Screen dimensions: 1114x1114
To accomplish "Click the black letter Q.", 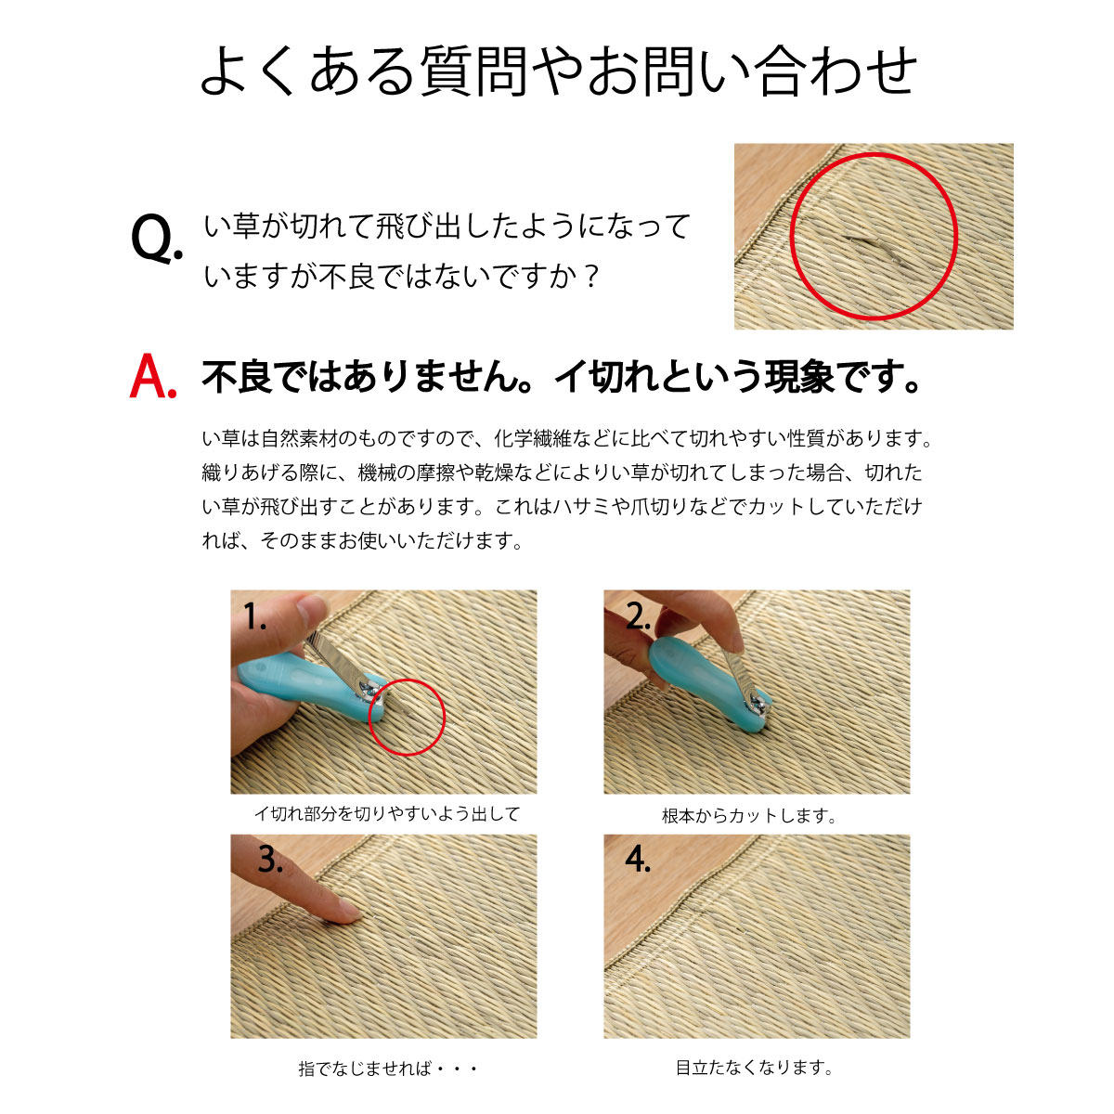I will point(155,240).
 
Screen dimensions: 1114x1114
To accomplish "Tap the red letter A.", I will point(152,377).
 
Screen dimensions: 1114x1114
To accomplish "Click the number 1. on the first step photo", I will point(255,616).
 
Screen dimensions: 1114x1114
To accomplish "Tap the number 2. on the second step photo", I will point(637,616).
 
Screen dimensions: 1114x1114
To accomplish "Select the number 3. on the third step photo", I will point(270,860).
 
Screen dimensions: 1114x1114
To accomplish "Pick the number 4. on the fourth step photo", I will point(638,860).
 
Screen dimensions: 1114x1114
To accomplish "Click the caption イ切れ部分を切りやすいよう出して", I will point(387,814).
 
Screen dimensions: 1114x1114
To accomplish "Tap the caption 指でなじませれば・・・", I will point(388,1069).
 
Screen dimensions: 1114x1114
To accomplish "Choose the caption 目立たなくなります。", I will point(755,1068).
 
